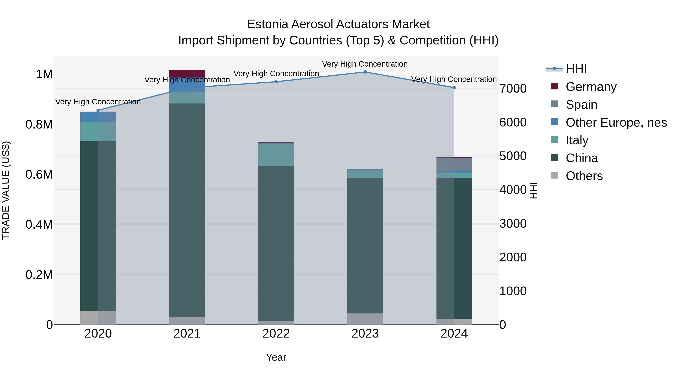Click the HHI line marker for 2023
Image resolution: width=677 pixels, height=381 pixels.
tap(365, 72)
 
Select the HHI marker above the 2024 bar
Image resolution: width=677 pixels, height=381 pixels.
tap(454, 87)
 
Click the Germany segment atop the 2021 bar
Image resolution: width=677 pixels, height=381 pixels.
tap(187, 73)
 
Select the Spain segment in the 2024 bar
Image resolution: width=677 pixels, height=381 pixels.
tap(454, 164)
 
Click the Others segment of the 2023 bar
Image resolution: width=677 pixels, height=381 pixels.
tap(365, 319)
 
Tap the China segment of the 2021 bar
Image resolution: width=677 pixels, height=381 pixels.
tap(187, 210)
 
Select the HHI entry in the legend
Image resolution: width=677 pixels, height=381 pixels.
tap(576, 69)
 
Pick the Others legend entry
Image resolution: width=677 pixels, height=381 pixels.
tap(584, 176)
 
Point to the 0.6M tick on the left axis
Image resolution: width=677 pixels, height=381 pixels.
tap(39, 174)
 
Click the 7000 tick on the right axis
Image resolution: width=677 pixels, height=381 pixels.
tap(513, 89)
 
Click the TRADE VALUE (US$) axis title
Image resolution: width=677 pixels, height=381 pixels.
tap(6, 190)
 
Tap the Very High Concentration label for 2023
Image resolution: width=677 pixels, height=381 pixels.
tap(365, 64)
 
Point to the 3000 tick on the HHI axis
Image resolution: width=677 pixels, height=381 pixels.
tap(513, 224)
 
